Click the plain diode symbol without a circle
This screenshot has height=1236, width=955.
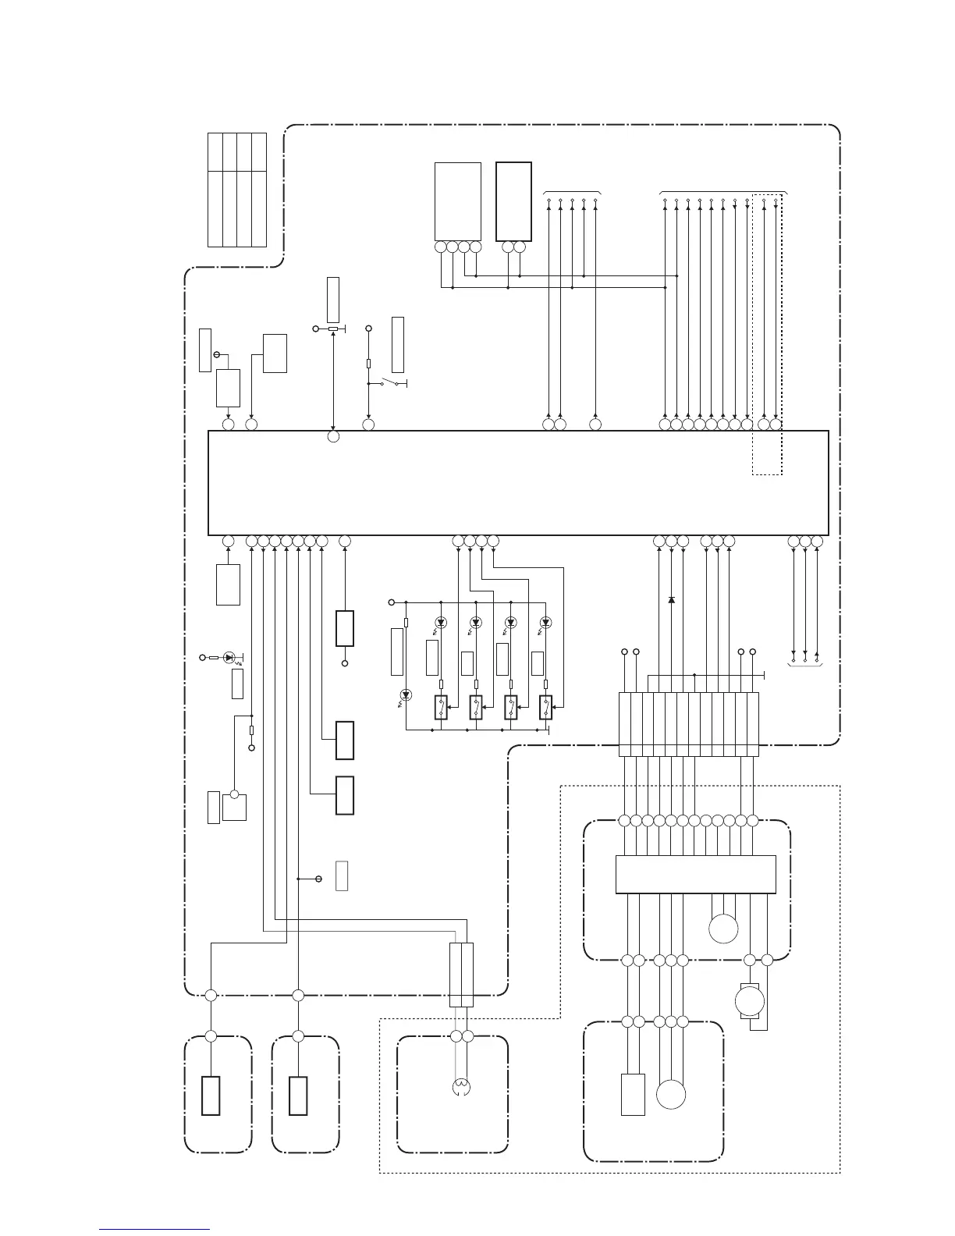point(671,599)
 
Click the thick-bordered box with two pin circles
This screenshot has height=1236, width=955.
point(513,201)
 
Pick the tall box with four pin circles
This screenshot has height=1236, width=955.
point(457,201)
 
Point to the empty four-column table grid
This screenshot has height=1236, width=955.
point(237,190)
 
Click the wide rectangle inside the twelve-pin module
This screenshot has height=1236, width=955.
point(695,874)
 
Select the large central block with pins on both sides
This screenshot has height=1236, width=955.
point(518,482)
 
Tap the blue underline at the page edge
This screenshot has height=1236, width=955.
point(154,1229)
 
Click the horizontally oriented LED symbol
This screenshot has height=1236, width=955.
point(229,657)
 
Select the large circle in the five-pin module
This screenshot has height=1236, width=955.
point(671,1094)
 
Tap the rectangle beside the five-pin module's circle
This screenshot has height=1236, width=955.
point(633,1094)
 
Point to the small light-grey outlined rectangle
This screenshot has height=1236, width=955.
point(342,876)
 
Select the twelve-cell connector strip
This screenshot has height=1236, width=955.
point(688,723)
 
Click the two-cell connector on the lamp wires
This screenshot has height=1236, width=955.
point(461,975)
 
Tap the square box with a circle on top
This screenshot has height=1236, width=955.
point(234,806)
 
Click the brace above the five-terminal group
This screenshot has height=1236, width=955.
point(572,190)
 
